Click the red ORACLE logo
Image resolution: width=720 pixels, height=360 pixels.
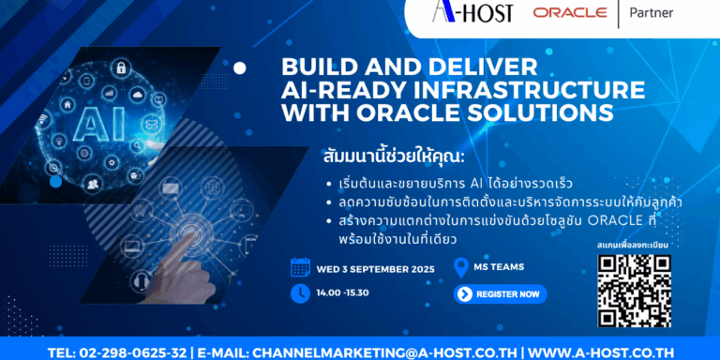pyautogui.click(x=570, y=14)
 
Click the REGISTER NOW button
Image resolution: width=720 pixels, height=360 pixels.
pyautogui.click(x=500, y=294)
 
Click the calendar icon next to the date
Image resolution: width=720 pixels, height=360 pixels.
pyautogui.click(x=300, y=267)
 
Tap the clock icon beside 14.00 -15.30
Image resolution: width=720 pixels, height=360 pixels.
pyautogui.click(x=300, y=293)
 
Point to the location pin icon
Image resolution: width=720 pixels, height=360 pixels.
pyautogui.click(x=460, y=267)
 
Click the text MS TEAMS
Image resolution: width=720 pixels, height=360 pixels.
pyautogui.click(x=500, y=267)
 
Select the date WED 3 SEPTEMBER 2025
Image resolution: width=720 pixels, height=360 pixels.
pyautogui.click(x=375, y=269)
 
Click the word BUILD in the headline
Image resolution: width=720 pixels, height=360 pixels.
pyautogui.click(x=321, y=68)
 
